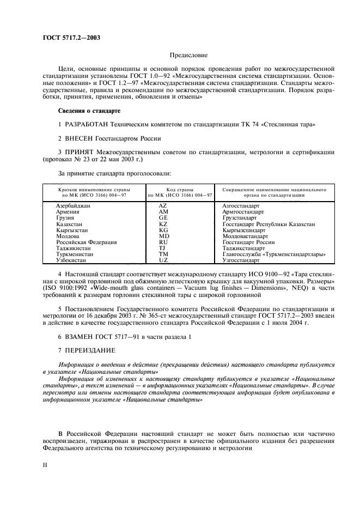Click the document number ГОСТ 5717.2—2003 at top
coord(71,38)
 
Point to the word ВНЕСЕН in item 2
coord(82,138)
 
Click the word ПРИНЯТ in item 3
coord(82,152)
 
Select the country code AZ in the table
coord(163,205)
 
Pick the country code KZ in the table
coord(163,224)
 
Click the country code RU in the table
coord(163,242)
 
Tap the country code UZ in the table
coord(163,260)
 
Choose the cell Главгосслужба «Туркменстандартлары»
coord(274,254)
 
